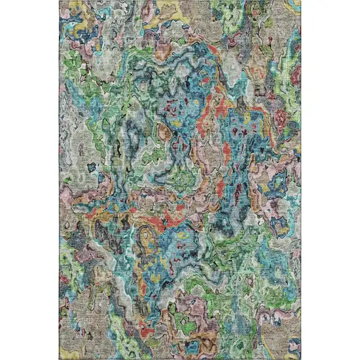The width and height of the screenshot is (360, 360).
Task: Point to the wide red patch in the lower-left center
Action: pos(157,216)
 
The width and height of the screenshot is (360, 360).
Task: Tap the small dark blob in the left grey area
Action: pos(92,151)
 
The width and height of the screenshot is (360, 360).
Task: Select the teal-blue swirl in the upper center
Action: pos(177,79)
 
